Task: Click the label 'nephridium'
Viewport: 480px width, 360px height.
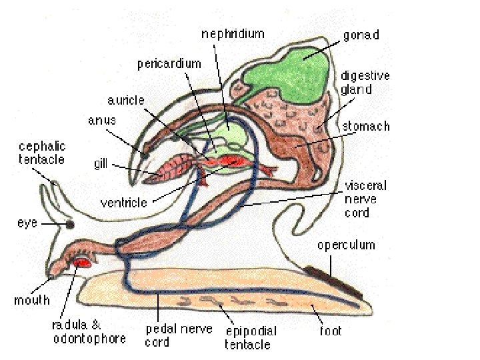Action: click(x=232, y=33)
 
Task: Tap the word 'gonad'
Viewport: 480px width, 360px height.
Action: click(x=361, y=35)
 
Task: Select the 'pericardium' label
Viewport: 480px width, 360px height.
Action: click(x=169, y=64)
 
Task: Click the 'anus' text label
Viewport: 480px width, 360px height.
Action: click(x=102, y=121)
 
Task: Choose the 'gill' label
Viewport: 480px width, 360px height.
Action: click(x=101, y=164)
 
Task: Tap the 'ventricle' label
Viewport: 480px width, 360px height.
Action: click(x=124, y=201)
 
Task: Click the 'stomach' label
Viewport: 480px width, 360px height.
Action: click(x=366, y=127)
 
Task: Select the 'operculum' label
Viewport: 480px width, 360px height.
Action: click(x=346, y=245)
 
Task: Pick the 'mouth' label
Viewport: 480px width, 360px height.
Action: click(x=32, y=300)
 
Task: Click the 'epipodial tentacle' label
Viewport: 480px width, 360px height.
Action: click(x=250, y=337)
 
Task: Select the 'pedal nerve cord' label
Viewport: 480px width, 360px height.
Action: click(x=179, y=335)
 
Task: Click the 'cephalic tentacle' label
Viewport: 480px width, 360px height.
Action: click(x=42, y=153)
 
